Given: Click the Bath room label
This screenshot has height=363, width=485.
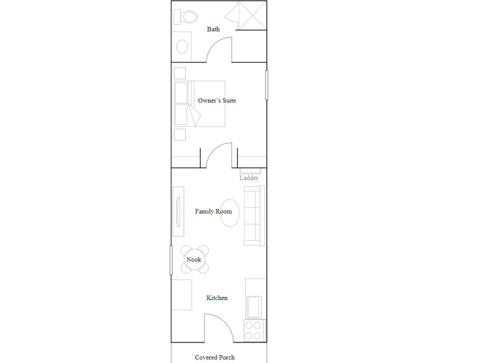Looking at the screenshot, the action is [213, 29].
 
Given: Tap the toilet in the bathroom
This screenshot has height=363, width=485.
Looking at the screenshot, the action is [186, 17].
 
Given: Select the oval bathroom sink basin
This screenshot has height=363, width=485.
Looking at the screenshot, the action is [182, 47].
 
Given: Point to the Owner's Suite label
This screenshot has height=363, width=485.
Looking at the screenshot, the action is [217, 100].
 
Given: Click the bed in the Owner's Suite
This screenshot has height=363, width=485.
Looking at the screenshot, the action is [199, 104].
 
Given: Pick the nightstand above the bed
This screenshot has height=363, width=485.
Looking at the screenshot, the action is [180, 73].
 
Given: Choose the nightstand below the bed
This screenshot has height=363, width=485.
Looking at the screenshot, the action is [180, 135].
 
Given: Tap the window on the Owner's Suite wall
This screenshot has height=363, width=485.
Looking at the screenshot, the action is [267, 85].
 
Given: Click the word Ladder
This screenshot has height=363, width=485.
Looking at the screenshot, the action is [249, 178].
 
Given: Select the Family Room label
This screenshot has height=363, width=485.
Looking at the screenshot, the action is [213, 211].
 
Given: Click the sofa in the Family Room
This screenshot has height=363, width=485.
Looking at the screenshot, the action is [254, 216].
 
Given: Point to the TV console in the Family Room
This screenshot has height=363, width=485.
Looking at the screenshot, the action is [178, 211].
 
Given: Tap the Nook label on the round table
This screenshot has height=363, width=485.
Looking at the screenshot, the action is [194, 259].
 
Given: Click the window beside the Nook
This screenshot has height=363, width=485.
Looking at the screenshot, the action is [171, 260].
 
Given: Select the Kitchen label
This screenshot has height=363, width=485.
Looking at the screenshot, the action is [217, 298].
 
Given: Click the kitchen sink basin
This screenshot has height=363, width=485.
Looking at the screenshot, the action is [254, 307].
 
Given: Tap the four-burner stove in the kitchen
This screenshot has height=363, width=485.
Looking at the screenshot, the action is [254, 330].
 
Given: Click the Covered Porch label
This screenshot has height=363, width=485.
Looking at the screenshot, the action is [215, 357].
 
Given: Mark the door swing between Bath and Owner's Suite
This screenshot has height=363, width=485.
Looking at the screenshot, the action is [214, 43].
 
